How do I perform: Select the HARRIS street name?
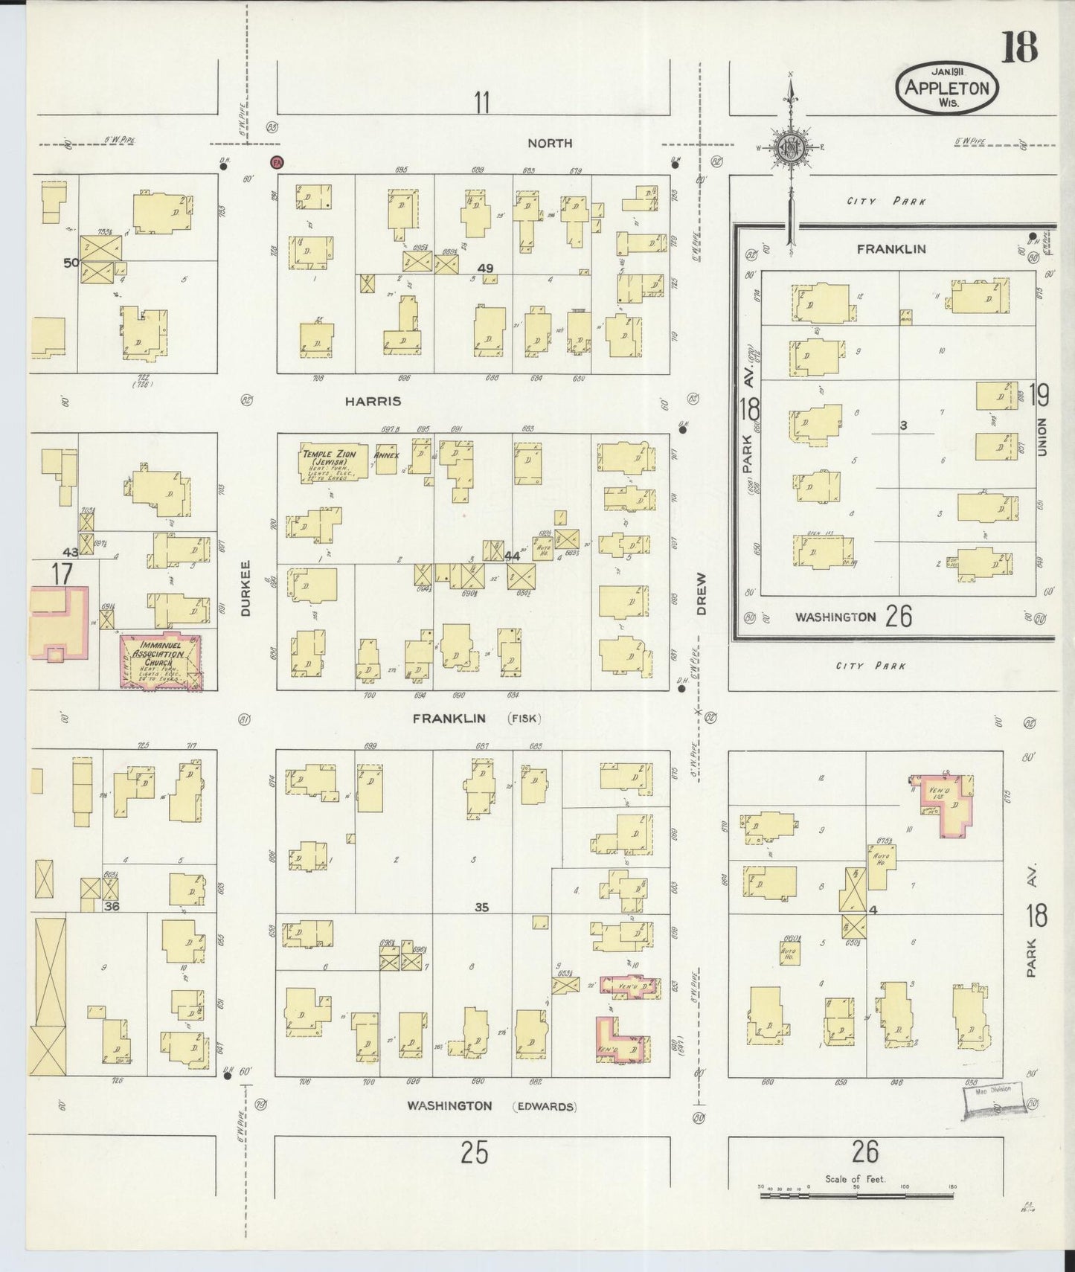[x=373, y=401]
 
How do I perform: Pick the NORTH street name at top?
[x=550, y=143]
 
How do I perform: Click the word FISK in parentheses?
[x=524, y=719]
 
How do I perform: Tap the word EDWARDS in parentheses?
[x=544, y=1106]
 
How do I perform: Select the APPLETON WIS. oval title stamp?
[x=947, y=88]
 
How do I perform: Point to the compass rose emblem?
[x=789, y=147]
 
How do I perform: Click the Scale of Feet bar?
[x=856, y=1195]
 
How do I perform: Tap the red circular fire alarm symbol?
[x=277, y=161]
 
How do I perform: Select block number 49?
[x=487, y=268]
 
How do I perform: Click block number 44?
[x=512, y=556]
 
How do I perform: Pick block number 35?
[x=481, y=907]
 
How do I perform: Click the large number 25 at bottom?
[x=474, y=1152]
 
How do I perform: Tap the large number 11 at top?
[x=482, y=102]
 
